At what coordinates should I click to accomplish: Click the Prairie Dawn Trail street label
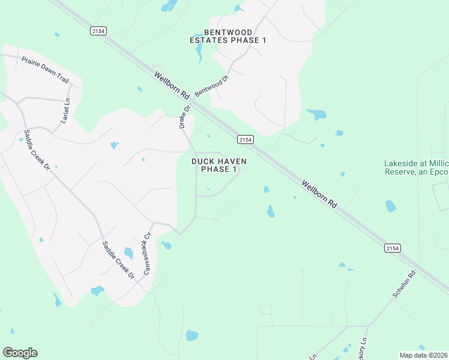46,71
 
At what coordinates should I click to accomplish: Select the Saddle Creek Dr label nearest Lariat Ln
37,150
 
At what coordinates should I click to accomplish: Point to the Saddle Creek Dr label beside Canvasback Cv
118,260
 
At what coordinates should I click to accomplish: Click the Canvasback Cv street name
146,254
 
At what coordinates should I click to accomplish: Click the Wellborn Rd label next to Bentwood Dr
172,85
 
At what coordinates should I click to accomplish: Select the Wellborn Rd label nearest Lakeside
319,193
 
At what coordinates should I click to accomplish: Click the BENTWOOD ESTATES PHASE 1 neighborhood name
228,36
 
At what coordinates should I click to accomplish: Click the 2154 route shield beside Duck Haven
245,139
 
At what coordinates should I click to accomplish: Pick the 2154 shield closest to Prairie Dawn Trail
98,30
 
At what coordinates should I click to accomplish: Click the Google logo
20,353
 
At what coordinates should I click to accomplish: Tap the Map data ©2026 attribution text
423,355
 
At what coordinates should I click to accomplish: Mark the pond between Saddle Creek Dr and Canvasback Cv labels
128,253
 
